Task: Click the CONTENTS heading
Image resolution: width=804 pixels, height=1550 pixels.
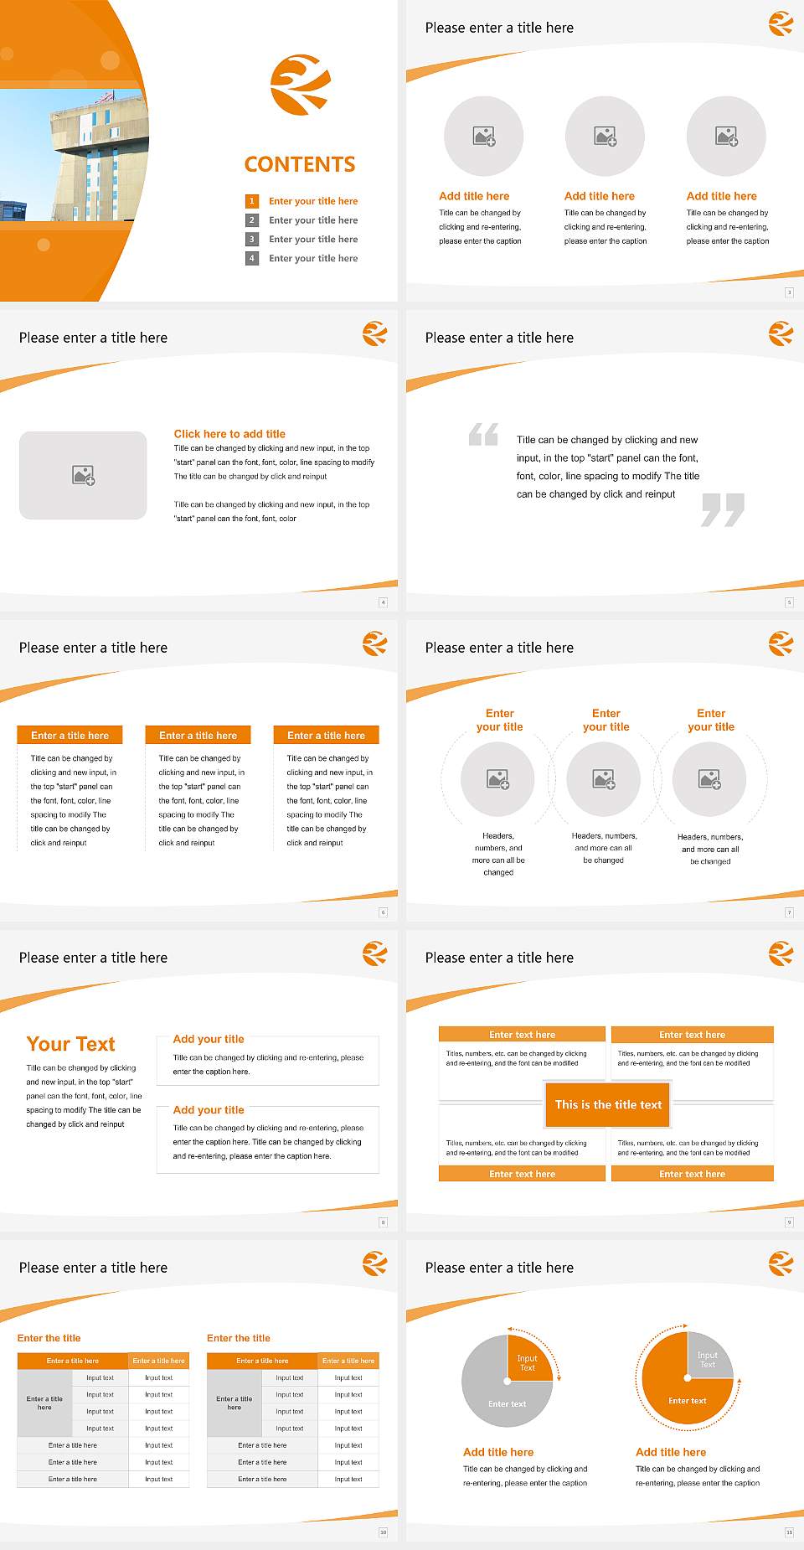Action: tap(300, 164)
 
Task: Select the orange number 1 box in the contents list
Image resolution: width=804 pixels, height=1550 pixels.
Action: tap(251, 201)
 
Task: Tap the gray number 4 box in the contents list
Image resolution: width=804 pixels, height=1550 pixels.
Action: tap(251, 258)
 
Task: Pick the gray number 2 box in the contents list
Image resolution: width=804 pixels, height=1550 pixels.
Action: tap(251, 220)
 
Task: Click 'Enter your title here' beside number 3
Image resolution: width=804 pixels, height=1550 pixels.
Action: tap(313, 240)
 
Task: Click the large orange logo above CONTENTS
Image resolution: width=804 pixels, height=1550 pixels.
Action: tap(300, 85)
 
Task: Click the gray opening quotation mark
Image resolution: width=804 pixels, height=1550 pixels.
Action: tap(483, 434)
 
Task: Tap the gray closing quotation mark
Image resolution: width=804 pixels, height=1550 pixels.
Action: tap(723, 509)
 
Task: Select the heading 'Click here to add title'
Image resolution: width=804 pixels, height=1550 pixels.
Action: tap(229, 434)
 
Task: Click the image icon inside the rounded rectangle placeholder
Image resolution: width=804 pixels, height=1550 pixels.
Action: tap(83, 476)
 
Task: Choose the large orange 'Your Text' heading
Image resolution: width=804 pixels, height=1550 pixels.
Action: tap(70, 1044)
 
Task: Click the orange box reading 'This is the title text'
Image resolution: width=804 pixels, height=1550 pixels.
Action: tap(608, 1104)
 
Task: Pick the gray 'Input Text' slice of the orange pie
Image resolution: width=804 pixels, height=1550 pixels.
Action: tap(709, 1359)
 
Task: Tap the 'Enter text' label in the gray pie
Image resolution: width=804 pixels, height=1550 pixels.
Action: tap(508, 1403)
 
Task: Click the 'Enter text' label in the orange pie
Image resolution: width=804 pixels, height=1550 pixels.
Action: tap(688, 1400)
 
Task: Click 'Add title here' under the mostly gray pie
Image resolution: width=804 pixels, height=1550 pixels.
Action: tap(498, 1452)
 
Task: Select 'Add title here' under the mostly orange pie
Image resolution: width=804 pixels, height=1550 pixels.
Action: tap(671, 1452)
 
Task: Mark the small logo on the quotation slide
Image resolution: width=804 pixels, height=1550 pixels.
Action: tap(781, 333)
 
